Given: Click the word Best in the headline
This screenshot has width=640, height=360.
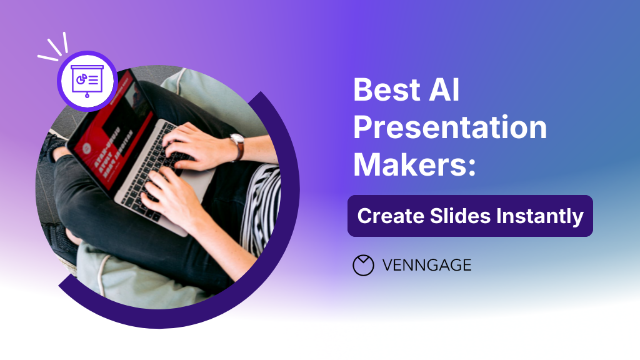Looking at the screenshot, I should [383, 91].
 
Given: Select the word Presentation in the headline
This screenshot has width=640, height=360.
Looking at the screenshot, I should [450, 128].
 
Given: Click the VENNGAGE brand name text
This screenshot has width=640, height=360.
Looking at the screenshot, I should [426, 266].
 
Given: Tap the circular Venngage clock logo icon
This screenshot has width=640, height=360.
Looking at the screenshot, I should [363, 266].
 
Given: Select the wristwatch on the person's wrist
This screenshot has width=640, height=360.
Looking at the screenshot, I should [237, 146].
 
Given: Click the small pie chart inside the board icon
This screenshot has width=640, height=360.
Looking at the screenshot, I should [80, 79].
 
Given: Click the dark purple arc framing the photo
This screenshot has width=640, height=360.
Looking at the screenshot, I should [284, 206].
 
